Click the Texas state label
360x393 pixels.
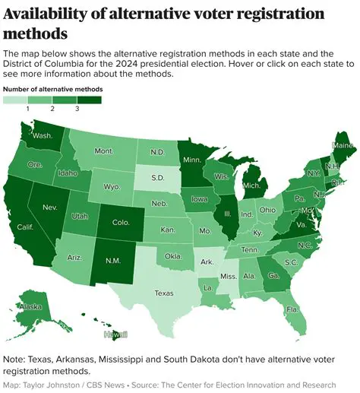pyautogui.click(x=164, y=292)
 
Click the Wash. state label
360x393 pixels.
pyautogui.click(x=42, y=137)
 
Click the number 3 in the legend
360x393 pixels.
pyautogui.click(x=77, y=109)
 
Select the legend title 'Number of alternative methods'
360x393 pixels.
pyautogui.click(x=52, y=89)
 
